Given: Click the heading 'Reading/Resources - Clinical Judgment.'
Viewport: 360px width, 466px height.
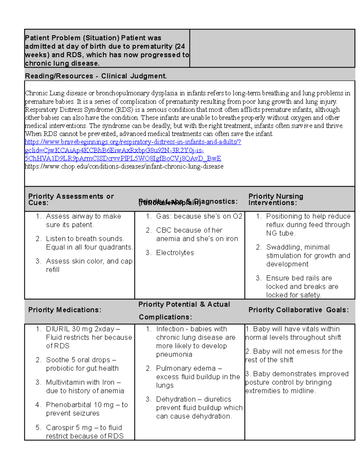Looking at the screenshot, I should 96,76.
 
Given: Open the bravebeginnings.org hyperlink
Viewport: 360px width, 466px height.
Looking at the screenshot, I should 133,142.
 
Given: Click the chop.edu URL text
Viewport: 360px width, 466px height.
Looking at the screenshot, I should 124,167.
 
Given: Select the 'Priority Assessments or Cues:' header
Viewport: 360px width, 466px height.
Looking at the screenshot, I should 71,199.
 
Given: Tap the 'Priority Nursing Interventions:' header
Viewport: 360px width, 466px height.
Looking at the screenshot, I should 275,199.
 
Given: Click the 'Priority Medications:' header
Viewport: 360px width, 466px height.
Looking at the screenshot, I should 65,310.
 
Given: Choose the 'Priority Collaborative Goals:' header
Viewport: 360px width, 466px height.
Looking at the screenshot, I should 298,310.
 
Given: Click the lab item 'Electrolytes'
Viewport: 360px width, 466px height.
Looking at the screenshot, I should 175,253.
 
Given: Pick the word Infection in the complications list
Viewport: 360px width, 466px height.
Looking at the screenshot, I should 170,329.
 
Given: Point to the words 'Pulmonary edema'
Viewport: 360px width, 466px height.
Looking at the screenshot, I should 186,368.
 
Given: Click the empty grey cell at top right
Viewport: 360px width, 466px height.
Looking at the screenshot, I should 272,48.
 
